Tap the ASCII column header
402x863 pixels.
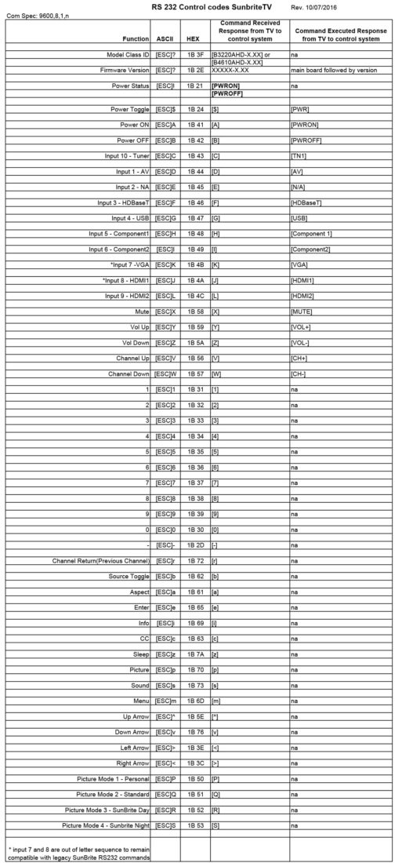coord(165,38)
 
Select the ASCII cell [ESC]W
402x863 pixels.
coord(165,373)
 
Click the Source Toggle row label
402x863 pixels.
coord(128,577)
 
